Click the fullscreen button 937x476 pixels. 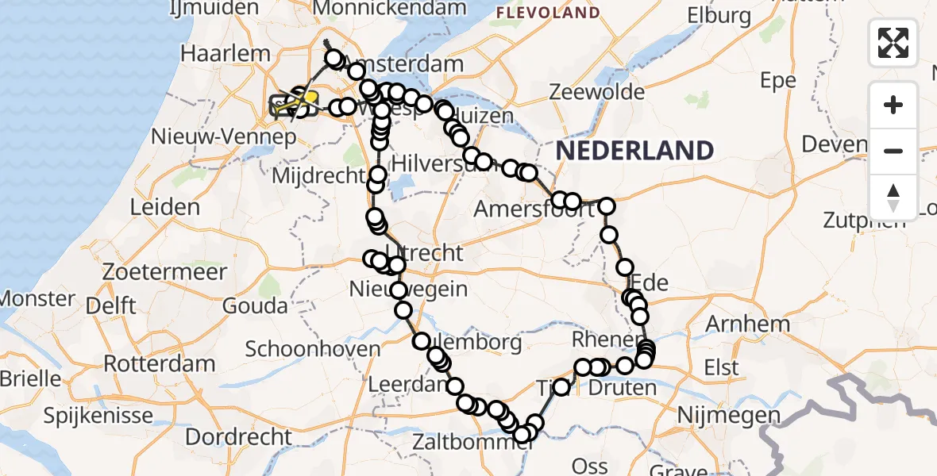(x=893, y=43)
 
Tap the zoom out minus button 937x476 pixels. (x=893, y=151)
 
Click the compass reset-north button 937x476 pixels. (x=893, y=198)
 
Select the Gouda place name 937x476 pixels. (x=255, y=305)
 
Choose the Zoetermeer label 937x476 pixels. (x=164, y=271)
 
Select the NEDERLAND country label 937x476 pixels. (x=634, y=149)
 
